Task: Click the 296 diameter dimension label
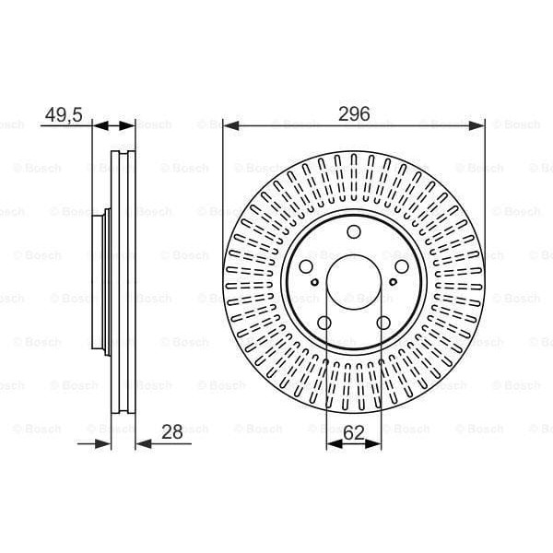(x=354, y=113)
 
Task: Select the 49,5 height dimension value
(x=64, y=114)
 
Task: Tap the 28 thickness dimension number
(x=172, y=431)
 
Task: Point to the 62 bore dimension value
(x=353, y=433)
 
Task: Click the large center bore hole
(x=354, y=282)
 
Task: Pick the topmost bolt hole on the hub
(x=354, y=231)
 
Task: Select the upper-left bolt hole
(x=306, y=266)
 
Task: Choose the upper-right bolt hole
(x=402, y=266)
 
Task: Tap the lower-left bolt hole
(x=324, y=323)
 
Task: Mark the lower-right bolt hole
(x=383, y=323)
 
